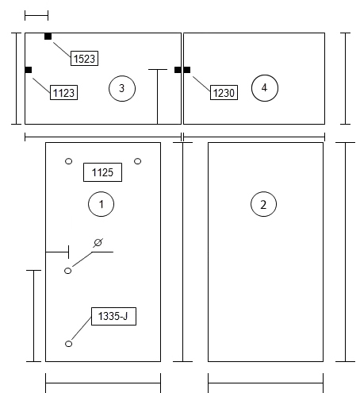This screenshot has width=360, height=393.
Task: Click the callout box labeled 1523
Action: [x=84, y=58]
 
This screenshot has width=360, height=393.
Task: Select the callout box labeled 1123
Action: [x=63, y=92]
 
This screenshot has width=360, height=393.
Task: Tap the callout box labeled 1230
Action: [x=224, y=92]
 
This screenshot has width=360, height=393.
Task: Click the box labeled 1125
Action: [x=102, y=172]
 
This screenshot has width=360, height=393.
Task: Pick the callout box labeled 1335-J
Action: [x=113, y=316]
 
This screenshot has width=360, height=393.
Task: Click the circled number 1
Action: [x=101, y=204]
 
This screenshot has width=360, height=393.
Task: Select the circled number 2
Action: [x=263, y=204]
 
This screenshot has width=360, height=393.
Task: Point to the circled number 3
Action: [x=122, y=88]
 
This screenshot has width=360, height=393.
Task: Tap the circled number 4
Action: [x=265, y=88]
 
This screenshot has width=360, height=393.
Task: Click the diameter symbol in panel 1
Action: [x=98, y=242]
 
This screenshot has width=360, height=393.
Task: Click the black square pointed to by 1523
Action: [x=48, y=37]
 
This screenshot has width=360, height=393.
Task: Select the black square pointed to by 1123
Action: [x=29, y=70]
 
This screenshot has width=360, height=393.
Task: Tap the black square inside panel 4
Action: [x=186, y=70]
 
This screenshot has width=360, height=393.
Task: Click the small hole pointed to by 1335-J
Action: [x=68, y=344]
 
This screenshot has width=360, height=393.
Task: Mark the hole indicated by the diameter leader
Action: [x=68, y=271]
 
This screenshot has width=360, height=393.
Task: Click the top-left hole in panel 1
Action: [x=68, y=161]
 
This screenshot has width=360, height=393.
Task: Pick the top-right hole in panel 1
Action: [x=137, y=161]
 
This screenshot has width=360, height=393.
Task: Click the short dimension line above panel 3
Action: [x=36, y=16]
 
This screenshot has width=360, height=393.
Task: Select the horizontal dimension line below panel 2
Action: [x=266, y=383]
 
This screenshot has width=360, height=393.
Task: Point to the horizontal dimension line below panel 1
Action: [x=103, y=383]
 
